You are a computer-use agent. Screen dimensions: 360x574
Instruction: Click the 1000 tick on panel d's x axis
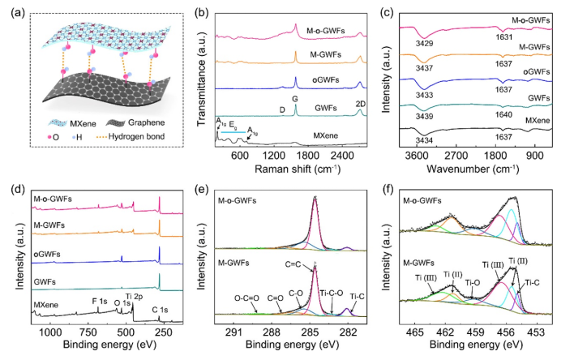[50, 332]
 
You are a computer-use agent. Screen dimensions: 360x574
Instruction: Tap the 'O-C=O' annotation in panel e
[245, 297]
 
